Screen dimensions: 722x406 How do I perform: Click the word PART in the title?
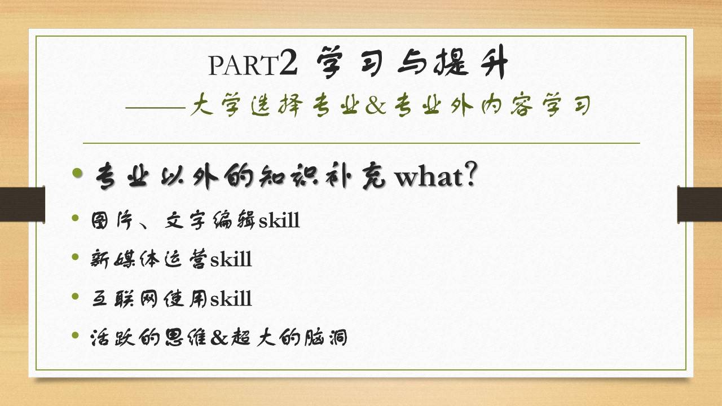click(243, 65)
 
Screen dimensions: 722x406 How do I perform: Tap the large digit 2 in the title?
click(288, 62)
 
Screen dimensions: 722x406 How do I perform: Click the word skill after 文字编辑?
click(279, 220)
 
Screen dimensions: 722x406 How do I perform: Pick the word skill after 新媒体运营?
click(231, 259)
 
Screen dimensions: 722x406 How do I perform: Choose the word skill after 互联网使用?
click(231, 298)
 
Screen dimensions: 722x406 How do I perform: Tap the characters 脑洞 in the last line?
click(325, 337)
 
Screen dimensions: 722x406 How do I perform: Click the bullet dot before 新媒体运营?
click(76, 257)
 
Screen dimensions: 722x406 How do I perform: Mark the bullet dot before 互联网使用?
click(76, 296)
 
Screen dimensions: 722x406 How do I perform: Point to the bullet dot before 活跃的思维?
click(76, 335)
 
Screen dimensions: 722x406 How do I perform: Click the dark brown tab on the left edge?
click(22, 204)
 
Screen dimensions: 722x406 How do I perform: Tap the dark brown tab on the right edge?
click(699, 204)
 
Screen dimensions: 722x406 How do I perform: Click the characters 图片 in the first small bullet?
click(112, 220)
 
